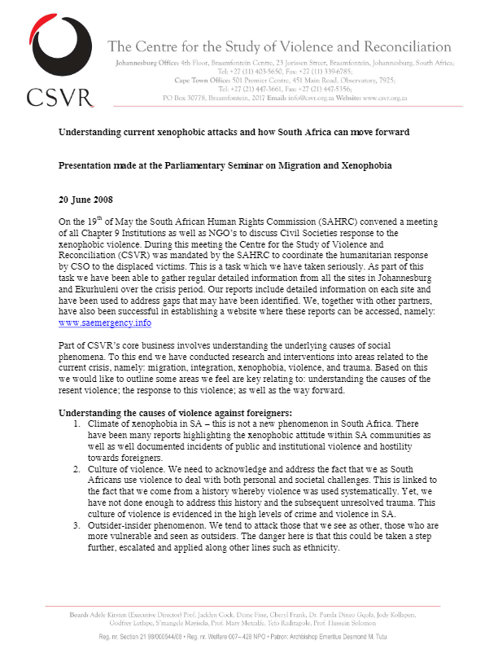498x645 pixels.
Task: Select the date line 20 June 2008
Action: click(x=87, y=200)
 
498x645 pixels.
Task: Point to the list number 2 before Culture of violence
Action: click(x=76, y=470)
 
